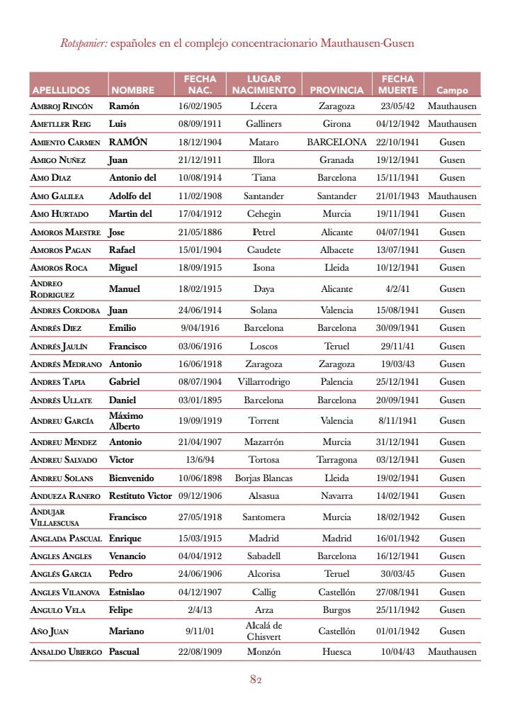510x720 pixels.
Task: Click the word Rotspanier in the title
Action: tap(84, 43)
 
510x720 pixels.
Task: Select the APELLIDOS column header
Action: tap(61, 91)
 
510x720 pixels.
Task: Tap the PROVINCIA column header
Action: tap(336, 91)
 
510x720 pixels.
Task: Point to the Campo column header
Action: tap(452, 91)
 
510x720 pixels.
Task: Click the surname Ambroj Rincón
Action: tap(62, 106)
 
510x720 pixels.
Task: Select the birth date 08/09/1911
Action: tap(200, 124)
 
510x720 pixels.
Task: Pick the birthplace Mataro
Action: tap(263, 142)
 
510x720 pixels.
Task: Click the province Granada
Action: tap(336, 160)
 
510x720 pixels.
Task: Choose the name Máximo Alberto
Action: tap(126, 421)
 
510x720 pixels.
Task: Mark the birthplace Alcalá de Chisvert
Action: tap(263, 631)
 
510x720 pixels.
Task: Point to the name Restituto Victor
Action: tap(140, 496)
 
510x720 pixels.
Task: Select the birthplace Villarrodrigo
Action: tap(263, 382)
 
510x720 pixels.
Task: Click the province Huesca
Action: tap(336, 652)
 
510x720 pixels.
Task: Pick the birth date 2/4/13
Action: tap(200, 610)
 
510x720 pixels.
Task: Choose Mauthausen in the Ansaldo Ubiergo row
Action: tap(452, 652)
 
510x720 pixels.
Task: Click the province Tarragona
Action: tap(336, 460)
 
